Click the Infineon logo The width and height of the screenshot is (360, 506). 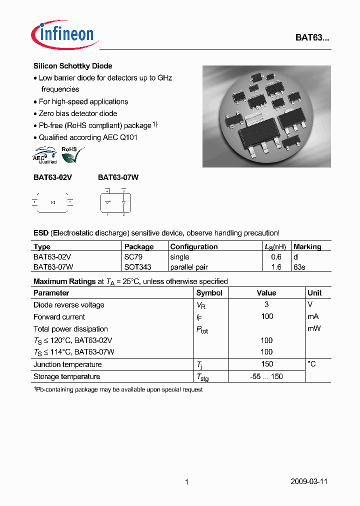63,34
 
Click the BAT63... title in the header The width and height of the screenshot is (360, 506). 311,38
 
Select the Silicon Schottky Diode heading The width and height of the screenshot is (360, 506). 72,66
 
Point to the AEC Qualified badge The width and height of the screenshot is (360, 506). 45,155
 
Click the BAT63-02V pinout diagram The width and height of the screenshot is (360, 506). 52,202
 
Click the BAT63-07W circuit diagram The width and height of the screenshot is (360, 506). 115,202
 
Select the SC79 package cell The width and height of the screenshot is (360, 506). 132,257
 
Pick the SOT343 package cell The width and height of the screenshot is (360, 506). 137,267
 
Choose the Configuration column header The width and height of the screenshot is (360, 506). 194,246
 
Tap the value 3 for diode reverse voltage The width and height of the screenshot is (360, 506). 266,304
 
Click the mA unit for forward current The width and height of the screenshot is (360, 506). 313,316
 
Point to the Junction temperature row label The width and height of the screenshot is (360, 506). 67,364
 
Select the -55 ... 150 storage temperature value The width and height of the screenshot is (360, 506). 266,376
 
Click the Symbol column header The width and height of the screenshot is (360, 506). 209,293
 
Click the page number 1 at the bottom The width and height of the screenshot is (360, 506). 186,482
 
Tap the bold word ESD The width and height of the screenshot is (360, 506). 41,233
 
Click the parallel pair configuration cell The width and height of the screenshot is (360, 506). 189,267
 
